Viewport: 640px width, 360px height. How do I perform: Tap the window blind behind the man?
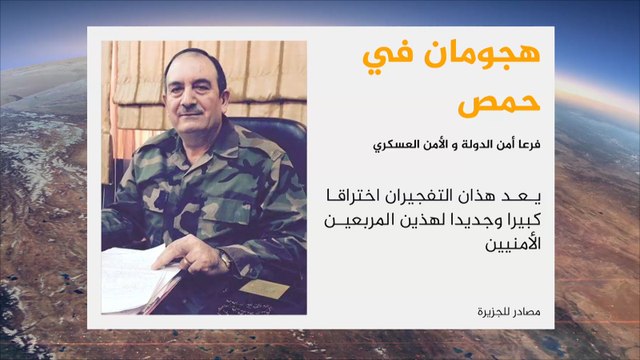pos(150,80)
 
